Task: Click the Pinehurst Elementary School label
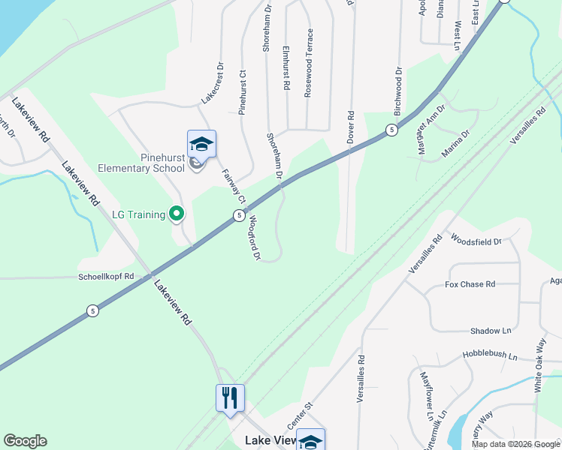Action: pos(141,163)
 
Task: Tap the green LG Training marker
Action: pos(177,215)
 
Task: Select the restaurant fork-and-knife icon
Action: pos(231,397)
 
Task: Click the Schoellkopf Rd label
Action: pos(106,277)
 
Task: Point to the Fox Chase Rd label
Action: pos(470,285)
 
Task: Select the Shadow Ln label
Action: pos(490,331)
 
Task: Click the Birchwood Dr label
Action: pos(398,91)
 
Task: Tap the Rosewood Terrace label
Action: pos(308,63)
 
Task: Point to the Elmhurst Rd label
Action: pos(286,68)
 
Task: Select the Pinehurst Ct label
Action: pos(243,92)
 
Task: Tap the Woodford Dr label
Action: pos(254,238)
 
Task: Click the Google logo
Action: pos(25,441)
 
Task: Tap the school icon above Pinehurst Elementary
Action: pos(201,143)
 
